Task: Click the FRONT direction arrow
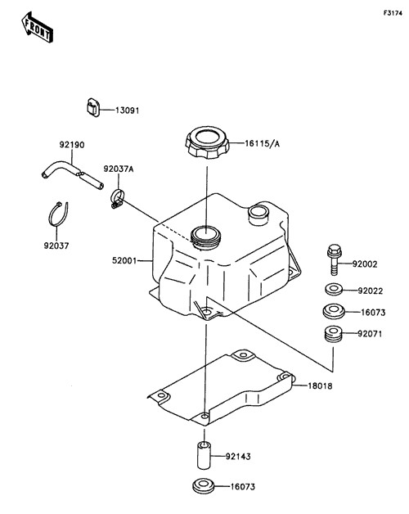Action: (x=37, y=28)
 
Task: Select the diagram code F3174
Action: (x=393, y=13)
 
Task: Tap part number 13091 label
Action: (x=127, y=110)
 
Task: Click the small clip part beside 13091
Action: (x=93, y=107)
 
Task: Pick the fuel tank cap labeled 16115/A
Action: (x=207, y=143)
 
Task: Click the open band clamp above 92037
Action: (x=58, y=214)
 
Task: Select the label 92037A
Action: (x=119, y=169)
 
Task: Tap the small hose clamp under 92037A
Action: (x=117, y=199)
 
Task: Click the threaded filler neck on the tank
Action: (x=206, y=237)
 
